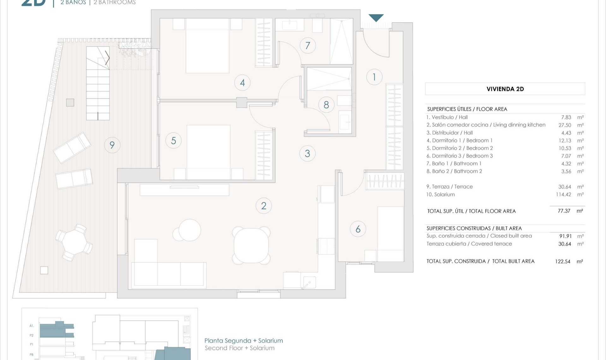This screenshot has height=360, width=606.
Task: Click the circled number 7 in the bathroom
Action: [x=308, y=45]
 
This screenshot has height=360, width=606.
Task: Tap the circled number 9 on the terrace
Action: [x=112, y=145]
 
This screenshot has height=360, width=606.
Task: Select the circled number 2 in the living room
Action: [x=264, y=206]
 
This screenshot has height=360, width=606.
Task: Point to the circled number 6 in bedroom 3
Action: [x=358, y=229]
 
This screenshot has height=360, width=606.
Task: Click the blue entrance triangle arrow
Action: [x=376, y=18]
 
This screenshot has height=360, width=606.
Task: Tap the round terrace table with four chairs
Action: [x=74, y=242]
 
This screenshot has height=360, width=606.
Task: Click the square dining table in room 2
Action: [x=251, y=246]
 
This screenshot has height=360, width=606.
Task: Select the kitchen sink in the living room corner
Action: [x=308, y=282]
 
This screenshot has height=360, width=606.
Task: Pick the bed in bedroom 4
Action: [x=207, y=46]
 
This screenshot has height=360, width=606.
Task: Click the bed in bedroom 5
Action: [x=208, y=152]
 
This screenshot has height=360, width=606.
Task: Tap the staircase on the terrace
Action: [x=98, y=83]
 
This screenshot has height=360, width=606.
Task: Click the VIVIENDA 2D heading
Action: [x=505, y=89]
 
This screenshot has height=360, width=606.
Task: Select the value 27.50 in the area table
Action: [x=565, y=125]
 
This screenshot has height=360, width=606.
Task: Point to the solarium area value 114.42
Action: [x=563, y=195]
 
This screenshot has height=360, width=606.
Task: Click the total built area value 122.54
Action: [x=562, y=261]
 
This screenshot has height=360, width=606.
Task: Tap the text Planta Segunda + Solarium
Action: [x=244, y=341]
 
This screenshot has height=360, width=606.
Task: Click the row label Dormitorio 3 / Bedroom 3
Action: [x=459, y=156]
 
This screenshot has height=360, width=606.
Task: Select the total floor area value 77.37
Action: [x=564, y=211]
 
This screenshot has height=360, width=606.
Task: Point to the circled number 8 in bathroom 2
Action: [x=326, y=105]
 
